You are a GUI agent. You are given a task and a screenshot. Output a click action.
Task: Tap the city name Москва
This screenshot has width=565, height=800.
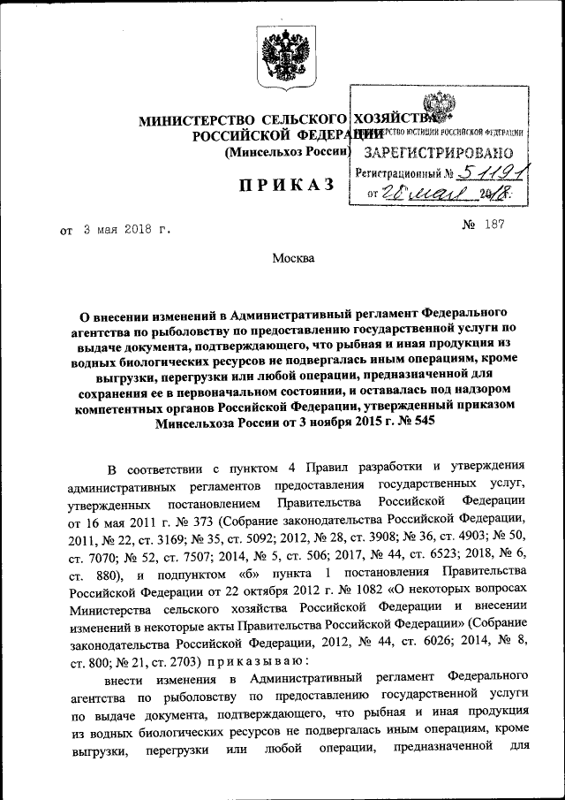[x=291, y=258]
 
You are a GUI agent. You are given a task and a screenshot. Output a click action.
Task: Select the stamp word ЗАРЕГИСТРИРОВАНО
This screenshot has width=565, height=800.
[x=439, y=153]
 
